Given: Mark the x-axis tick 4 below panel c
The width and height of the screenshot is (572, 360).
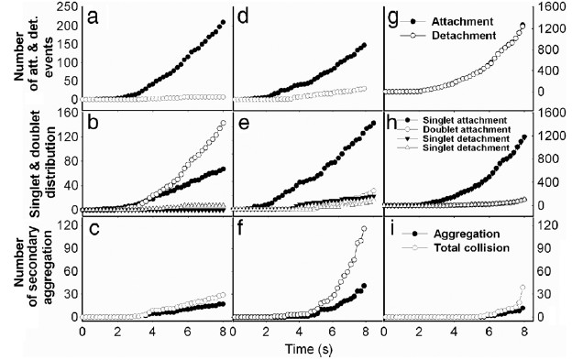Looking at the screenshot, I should click(154, 332).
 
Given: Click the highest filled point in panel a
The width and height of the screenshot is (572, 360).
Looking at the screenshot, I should click(224, 22).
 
